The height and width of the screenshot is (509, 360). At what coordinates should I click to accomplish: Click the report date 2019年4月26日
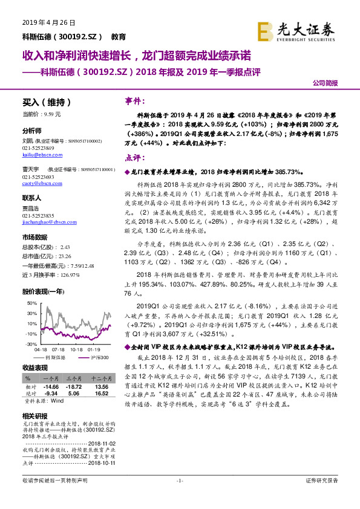pyautogui.click(x=48, y=22)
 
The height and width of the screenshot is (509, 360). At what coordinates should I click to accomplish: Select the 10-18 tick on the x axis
pyautogui.click(x=76, y=349)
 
